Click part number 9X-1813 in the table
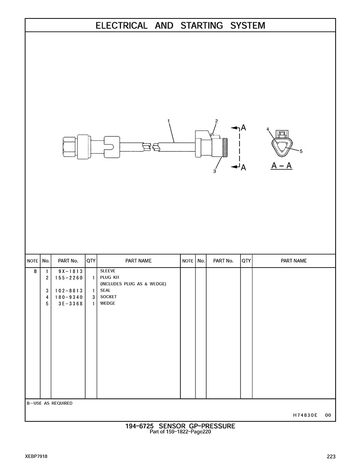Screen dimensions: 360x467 point(71,271)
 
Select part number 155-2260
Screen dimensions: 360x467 point(69,278)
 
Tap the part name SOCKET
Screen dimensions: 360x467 point(108,297)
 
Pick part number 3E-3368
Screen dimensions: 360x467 point(71,304)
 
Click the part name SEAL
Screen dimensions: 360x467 point(105,290)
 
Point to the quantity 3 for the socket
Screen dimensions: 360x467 point(93,297)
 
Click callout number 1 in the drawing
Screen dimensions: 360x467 point(168,121)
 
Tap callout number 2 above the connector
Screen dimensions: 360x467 point(216,121)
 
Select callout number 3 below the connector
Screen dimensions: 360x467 point(214,171)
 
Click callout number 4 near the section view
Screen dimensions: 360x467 point(268,129)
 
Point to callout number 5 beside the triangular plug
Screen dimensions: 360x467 point(301,151)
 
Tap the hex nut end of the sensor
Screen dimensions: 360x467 point(70,147)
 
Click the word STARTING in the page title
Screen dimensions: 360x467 point(201,26)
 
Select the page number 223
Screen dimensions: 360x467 point(331,457)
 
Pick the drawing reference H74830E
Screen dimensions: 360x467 point(305,415)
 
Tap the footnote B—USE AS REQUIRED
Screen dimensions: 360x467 point(49,403)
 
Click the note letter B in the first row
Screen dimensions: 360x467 point(35,271)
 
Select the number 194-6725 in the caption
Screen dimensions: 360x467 point(139,426)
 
